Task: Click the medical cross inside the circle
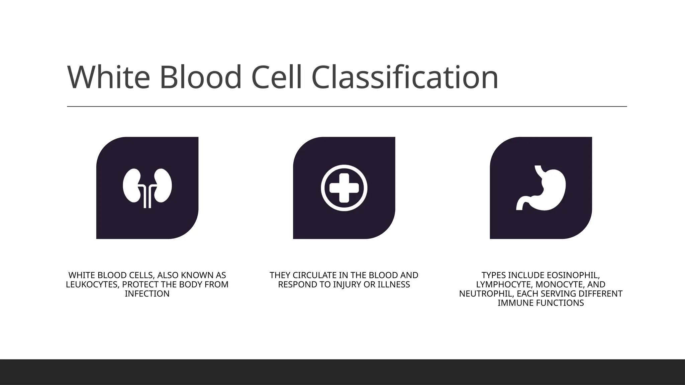tap(344, 188)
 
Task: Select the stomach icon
tap(541, 188)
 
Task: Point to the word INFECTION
tap(147, 294)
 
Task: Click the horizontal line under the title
tap(347, 107)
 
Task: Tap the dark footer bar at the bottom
tap(342, 372)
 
